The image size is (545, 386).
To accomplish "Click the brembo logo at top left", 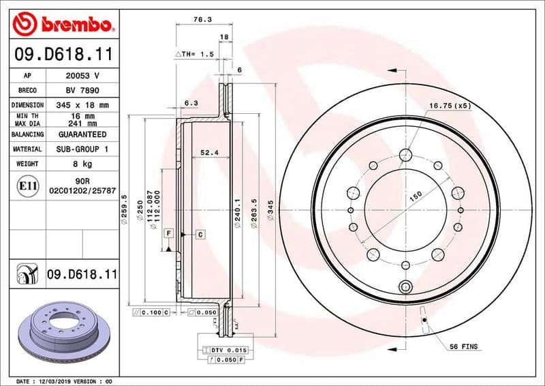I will (x=62, y=25).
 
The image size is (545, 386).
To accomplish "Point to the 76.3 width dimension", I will (x=201, y=20).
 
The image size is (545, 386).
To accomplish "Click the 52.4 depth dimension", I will (x=208, y=152).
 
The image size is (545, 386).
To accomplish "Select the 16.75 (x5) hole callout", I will (x=450, y=106).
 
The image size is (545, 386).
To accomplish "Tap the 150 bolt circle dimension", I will (x=415, y=196).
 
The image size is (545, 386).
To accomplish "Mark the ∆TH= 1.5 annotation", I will (x=196, y=53).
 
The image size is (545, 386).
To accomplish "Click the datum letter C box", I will (x=202, y=235).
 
